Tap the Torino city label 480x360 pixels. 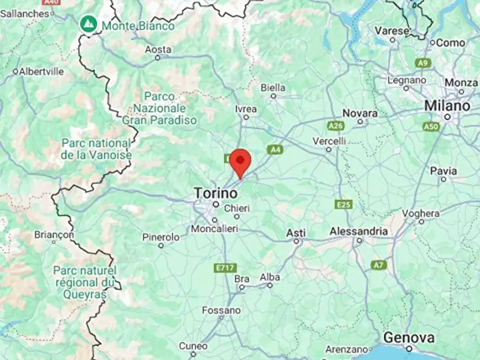click(x=215, y=192)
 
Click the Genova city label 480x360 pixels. click(x=409, y=338)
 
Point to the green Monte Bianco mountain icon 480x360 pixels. click(x=88, y=24)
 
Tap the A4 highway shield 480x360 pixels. click(x=275, y=149)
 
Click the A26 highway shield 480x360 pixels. click(x=335, y=126)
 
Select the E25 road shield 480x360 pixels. click(x=342, y=205)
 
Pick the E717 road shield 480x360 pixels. click(x=225, y=268)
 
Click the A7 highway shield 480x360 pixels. click(x=378, y=265)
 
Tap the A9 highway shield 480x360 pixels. click(x=423, y=63)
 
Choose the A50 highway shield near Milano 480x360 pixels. click(x=431, y=127)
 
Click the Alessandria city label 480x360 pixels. click(x=359, y=231)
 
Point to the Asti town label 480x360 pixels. click(x=296, y=233)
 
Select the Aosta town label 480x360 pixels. click(x=158, y=49)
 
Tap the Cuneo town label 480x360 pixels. click(x=193, y=345)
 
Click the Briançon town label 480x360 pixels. click(x=54, y=234)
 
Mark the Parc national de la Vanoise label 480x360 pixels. click(x=96, y=149)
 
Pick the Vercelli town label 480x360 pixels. click(x=329, y=141)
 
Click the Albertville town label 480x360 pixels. click(x=41, y=71)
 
